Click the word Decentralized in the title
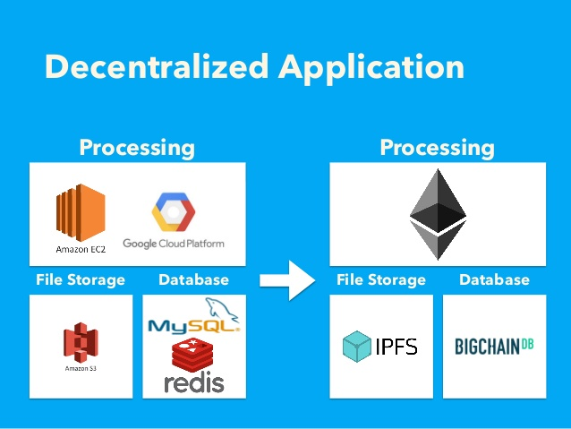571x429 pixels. point(157,66)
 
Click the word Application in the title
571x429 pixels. point(371,69)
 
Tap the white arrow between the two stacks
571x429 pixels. point(287,280)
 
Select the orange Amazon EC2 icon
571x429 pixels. point(81,212)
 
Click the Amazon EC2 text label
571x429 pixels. point(81,249)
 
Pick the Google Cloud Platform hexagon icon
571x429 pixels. point(174,211)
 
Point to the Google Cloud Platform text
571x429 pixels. point(174,244)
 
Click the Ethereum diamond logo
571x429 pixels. point(438,214)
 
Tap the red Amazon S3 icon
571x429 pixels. point(81,343)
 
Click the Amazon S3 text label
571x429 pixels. point(81,368)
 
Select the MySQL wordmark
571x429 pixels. point(193,325)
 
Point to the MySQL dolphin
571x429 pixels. point(221,309)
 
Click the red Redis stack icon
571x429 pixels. point(192,355)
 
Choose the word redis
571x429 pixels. point(193,382)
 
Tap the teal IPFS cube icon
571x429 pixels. point(357,347)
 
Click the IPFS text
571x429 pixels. point(396,347)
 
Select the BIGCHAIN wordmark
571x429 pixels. point(487,347)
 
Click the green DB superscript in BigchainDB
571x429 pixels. point(527,344)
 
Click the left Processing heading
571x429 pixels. point(137,148)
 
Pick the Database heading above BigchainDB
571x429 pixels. point(494,280)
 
